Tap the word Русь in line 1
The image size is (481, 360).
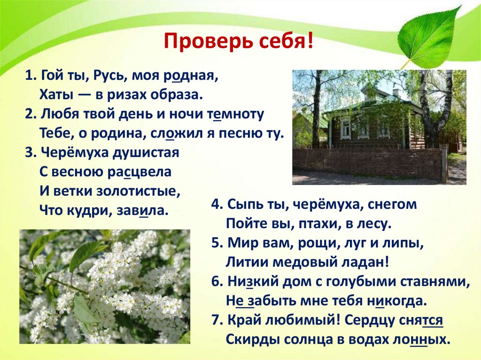point(111,76)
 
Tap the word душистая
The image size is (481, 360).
point(146,153)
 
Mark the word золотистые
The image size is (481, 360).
point(141,191)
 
